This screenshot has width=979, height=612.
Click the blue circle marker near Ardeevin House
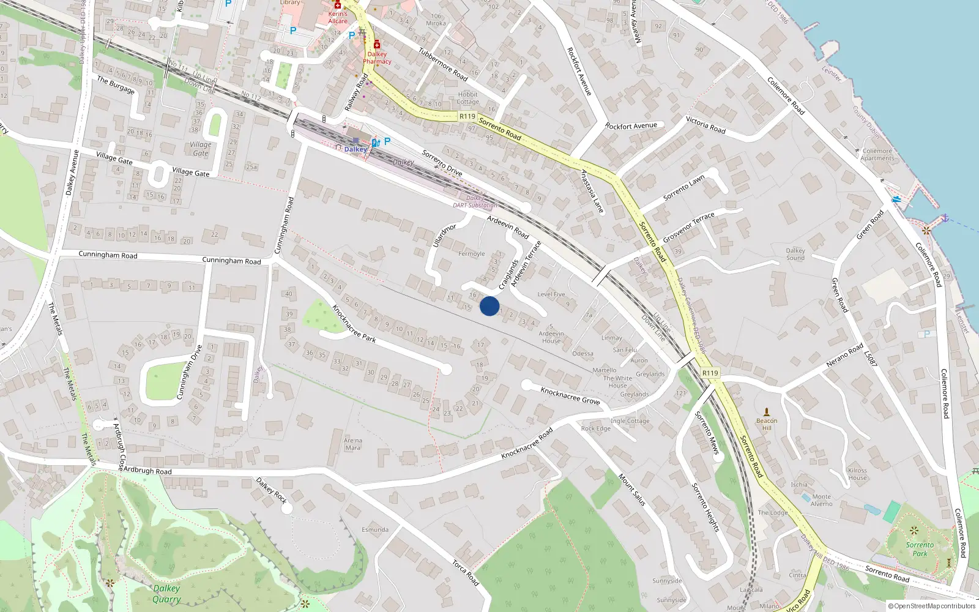489,306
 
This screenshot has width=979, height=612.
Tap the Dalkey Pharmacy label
377,58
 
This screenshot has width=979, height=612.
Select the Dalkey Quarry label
166,594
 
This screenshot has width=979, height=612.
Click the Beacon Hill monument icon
767,412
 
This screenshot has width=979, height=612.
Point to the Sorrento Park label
920,549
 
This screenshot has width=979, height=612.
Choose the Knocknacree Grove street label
570,395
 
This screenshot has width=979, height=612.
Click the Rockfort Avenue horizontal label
631,126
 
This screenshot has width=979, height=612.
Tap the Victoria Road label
705,125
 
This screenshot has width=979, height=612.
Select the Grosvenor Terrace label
688,227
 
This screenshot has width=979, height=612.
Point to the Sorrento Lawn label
684,187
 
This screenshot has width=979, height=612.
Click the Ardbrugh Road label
147,471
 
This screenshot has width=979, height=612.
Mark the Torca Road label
466,573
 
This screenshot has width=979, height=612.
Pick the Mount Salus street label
632,490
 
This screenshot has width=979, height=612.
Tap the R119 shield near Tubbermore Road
467,116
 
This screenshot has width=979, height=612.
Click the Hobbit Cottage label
468,98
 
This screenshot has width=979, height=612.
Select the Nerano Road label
844,355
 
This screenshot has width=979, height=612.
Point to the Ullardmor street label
445,236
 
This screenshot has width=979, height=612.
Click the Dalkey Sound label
795,254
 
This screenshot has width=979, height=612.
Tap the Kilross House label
857,474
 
